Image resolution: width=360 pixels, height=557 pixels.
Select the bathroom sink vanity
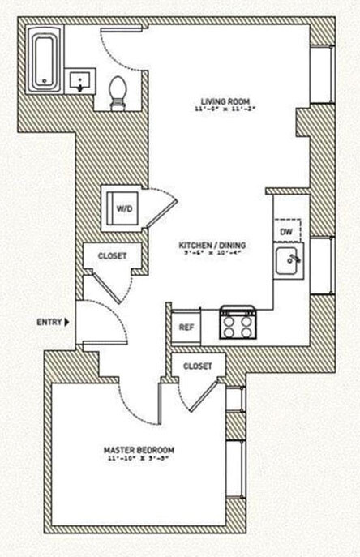coord(80,82)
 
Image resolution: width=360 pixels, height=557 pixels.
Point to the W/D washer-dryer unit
coord(125,208)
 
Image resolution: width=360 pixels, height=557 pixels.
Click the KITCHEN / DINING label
coord(212,244)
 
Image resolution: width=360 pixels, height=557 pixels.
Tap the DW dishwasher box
coord(286,232)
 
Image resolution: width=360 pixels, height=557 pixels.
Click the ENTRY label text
coord(49,322)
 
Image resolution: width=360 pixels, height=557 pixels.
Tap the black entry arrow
coord(67,322)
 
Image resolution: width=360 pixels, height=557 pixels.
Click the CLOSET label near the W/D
coord(112,256)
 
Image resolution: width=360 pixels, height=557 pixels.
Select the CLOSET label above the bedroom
coord(198,366)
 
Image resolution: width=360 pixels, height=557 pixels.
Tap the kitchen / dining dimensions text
coord(212,253)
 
